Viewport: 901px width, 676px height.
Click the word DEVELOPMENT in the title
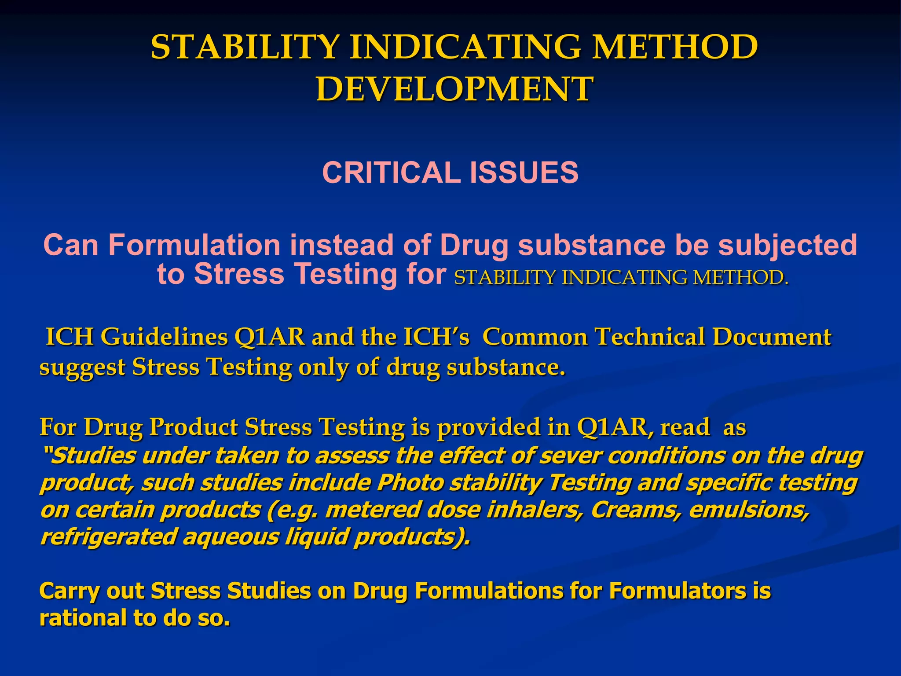coord(454,89)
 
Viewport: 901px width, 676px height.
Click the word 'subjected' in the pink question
coord(787,246)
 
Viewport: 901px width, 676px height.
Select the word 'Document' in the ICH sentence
coord(772,337)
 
